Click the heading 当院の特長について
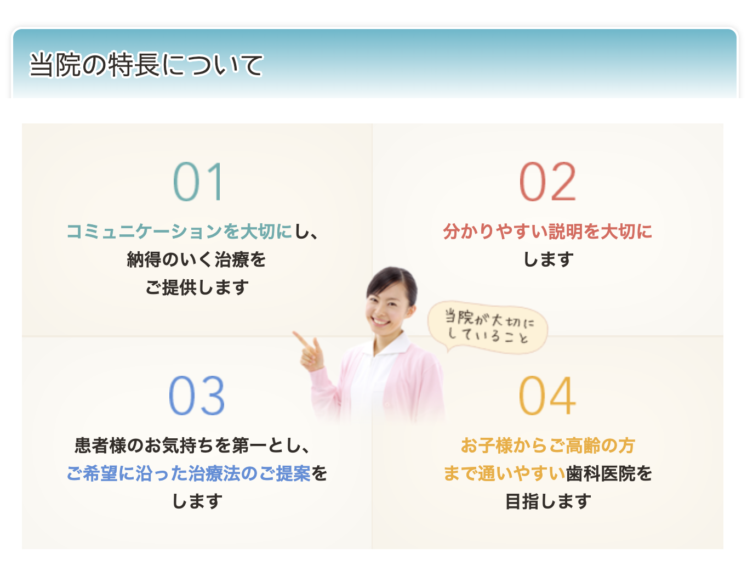146,65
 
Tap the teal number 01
198,182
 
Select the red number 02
547,182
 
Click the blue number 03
197,396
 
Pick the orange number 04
547,396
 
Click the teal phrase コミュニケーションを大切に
179,231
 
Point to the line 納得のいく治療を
196,259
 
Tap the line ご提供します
197,287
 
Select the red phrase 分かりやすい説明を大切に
547,231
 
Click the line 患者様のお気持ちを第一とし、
192,445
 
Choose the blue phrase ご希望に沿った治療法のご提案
189,473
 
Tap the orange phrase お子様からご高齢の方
547,445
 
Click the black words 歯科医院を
609,473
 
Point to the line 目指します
547,501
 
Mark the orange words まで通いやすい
504,473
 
